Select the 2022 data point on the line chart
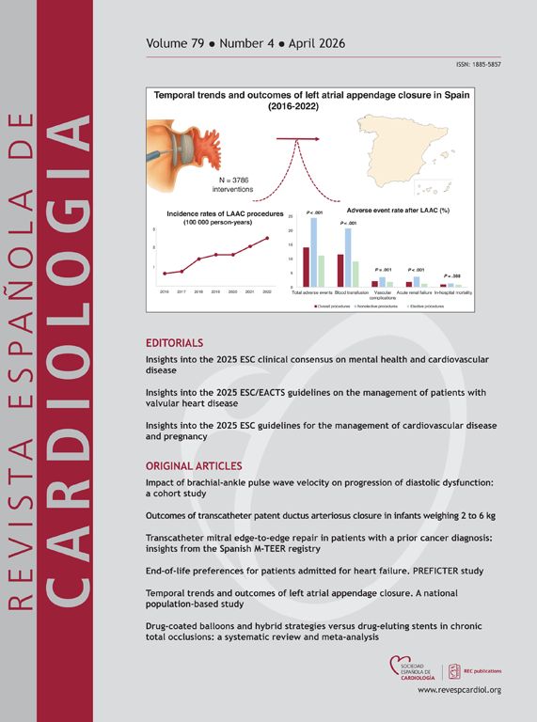pyautogui.click(x=268, y=238)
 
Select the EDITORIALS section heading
pyautogui.click(x=174, y=342)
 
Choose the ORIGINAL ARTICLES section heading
pyautogui.click(x=195, y=466)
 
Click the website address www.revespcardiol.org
pyautogui.click(x=459, y=689)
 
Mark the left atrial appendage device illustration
pyautogui.click(x=193, y=139)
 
